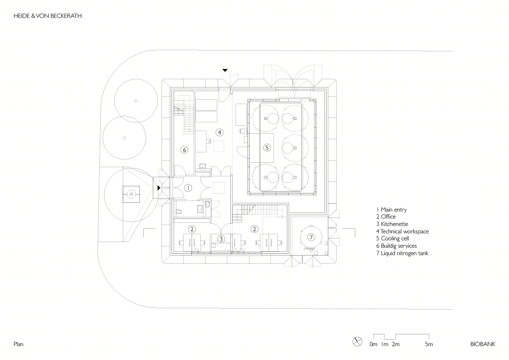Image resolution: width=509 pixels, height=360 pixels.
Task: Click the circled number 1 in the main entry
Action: click(x=188, y=188)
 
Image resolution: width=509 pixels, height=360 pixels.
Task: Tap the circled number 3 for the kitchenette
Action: click(x=221, y=239)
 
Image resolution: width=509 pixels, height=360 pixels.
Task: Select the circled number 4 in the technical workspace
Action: click(x=219, y=132)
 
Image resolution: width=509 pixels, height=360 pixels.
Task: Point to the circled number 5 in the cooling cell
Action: click(x=267, y=148)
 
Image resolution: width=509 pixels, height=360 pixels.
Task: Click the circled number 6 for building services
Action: click(x=184, y=150)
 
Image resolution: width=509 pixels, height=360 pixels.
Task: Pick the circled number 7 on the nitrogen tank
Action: click(x=311, y=237)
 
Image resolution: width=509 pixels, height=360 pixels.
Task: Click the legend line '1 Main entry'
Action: click(x=391, y=210)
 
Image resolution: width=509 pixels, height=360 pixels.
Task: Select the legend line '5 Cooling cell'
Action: click(x=392, y=239)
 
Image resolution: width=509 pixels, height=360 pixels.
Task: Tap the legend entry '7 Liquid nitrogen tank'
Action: click(x=402, y=253)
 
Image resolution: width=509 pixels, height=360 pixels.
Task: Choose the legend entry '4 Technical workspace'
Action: click(x=402, y=232)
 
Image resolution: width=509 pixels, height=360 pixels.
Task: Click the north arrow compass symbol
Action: click(x=357, y=342)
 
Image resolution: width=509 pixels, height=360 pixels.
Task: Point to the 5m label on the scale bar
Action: click(x=429, y=344)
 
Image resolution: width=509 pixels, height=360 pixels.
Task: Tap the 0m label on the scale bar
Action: click(x=373, y=344)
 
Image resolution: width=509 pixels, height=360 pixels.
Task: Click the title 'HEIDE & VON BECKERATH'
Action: click(x=48, y=16)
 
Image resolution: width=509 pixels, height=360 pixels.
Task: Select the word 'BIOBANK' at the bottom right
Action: click(x=483, y=344)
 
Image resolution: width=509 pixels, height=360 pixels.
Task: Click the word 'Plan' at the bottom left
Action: click(x=18, y=344)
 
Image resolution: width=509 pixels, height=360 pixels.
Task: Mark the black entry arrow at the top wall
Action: click(x=225, y=70)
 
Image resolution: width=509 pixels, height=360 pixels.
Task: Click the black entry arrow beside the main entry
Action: click(x=159, y=188)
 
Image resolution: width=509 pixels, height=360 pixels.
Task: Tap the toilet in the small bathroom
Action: click(x=179, y=212)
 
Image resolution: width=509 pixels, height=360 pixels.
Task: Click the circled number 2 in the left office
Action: click(x=192, y=229)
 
